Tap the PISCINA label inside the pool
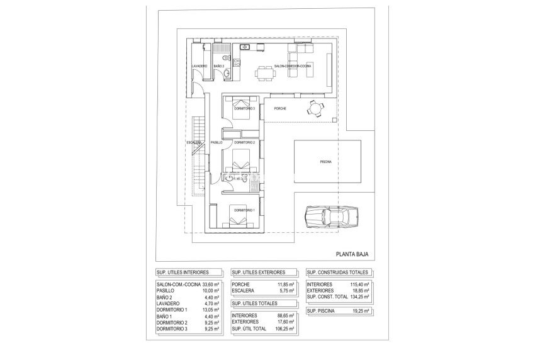point(325,162)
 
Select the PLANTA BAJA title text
point(351,255)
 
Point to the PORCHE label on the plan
point(281,109)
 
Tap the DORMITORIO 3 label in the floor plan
point(244,109)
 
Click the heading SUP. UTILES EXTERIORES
point(259,273)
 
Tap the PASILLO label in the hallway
point(217,143)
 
